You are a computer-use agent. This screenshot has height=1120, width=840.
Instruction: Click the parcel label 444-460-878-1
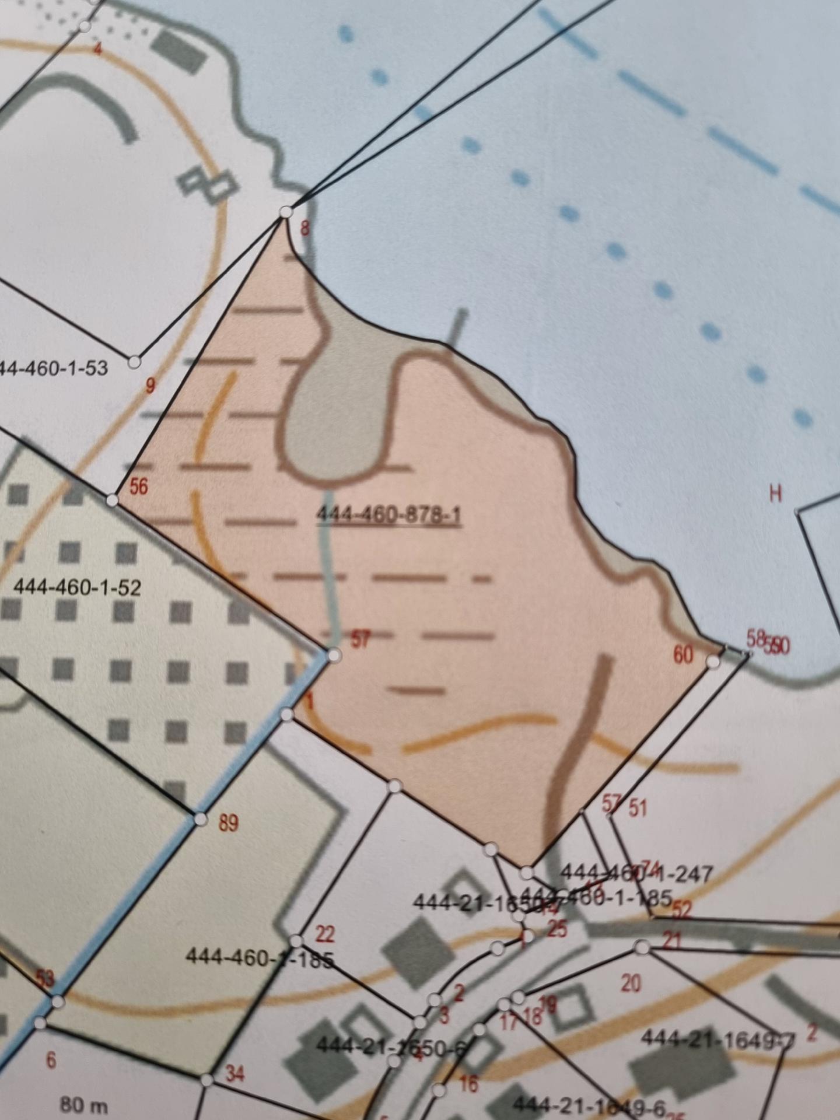(x=388, y=516)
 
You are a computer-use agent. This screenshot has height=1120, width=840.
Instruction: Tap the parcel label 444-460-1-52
(x=77, y=587)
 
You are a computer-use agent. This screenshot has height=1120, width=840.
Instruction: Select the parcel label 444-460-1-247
(x=636, y=874)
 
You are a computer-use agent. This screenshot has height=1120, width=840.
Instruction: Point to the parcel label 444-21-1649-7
(x=717, y=1038)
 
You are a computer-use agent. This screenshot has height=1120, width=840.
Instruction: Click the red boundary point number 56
(x=138, y=487)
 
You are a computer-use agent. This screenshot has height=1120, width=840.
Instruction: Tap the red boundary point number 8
(x=304, y=228)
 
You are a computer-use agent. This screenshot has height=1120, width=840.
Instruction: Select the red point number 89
(x=228, y=823)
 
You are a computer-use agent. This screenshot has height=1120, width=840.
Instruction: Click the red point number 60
(x=683, y=655)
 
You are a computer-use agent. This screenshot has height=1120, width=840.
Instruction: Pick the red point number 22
(x=324, y=935)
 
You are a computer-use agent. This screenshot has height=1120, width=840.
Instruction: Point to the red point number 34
(x=234, y=1074)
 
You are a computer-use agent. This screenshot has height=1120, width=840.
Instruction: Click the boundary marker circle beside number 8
(x=286, y=212)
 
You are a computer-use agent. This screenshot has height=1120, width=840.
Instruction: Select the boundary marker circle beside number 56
(x=112, y=501)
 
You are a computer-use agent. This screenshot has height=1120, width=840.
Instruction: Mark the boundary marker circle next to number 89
(x=201, y=820)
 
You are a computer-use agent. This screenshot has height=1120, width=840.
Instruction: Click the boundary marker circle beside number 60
(x=713, y=661)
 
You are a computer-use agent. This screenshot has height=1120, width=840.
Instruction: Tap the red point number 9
(x=150, y=386)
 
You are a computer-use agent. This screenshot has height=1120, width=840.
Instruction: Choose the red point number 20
(x=631, y=984)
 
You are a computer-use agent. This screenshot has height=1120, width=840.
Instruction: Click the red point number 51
(x=638, y=808)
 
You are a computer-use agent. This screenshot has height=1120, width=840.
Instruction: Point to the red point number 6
(x=51, y=1060)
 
